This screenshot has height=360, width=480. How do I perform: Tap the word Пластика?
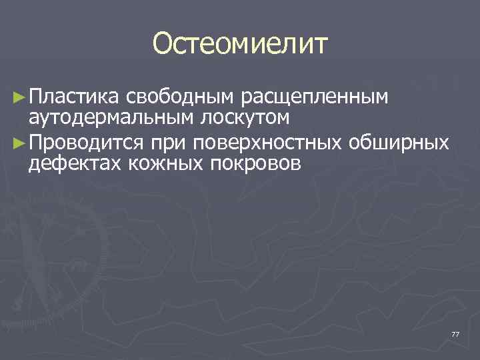73,98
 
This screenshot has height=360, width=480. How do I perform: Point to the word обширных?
399,143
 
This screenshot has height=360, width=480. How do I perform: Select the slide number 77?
455,333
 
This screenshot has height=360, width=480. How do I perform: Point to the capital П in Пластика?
36,98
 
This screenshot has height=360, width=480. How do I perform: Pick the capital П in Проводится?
36,143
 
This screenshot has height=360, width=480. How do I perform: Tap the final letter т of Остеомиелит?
320,45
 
